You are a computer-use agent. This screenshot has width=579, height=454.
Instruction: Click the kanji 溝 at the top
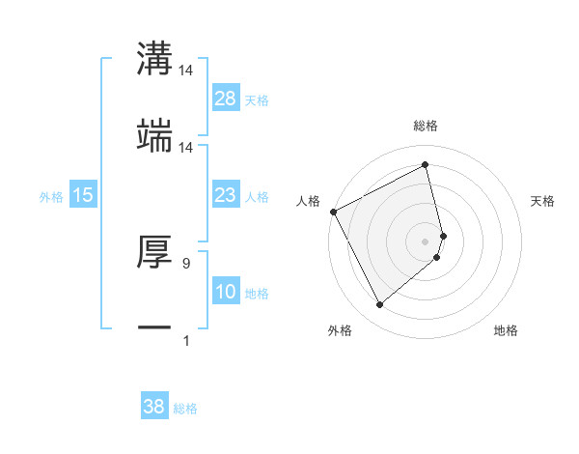coord(154,59)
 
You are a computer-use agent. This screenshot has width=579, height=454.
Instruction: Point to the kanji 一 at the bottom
coord(154,328)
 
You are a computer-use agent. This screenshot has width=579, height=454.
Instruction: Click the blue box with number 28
coord(226,98)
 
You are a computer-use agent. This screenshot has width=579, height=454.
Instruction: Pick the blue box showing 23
coord(226,195)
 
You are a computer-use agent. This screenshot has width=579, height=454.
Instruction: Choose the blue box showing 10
coord(226,292)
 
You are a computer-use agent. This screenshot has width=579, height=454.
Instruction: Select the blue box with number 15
coord(83,195)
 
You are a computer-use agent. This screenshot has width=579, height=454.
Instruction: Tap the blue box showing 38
coord(154,407)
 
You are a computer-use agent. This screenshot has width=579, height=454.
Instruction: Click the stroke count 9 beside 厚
coord(186,263)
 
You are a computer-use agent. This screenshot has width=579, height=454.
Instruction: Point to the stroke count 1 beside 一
coord(186,340)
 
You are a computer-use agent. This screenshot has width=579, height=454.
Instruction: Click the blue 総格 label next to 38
coord(185,409)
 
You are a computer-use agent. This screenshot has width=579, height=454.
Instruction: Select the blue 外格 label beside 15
coord(51,197)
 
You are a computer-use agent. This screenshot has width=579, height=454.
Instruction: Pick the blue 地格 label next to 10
coord(257,294)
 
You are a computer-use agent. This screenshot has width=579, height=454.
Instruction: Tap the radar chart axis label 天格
coord(543,201)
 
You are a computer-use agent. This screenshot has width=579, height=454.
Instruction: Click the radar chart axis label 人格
coord(308,201)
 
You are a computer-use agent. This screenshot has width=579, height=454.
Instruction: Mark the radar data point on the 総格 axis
coord(426,165)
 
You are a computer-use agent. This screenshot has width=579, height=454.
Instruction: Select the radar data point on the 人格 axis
coord(333,211)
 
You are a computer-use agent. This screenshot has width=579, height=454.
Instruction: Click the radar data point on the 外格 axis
coord(379,305)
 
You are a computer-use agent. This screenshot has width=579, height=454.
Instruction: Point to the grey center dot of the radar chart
coord(426,241)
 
